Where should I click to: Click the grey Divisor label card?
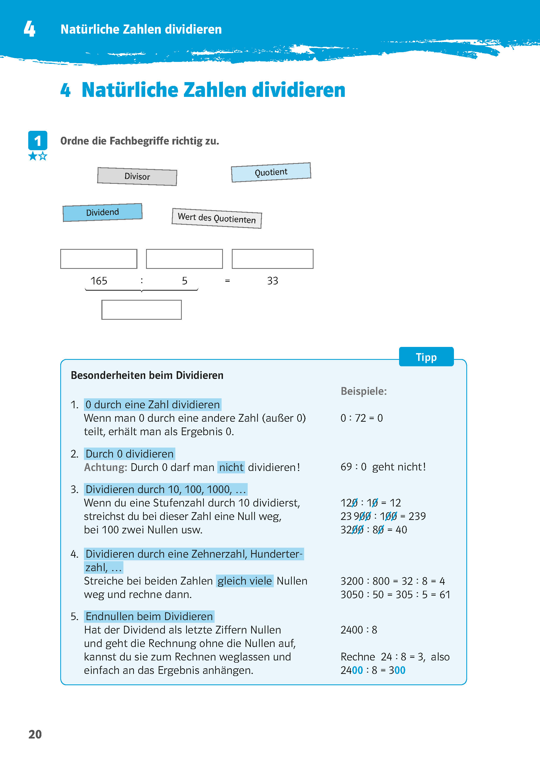click(137, 176)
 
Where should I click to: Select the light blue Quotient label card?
click(271, 172)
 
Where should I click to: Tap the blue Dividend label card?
click(102, 212)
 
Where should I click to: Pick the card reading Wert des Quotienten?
click(217, 218)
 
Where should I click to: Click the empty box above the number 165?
click(99, 259)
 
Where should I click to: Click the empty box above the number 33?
click(272, 259)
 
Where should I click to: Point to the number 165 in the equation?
click(99, 281)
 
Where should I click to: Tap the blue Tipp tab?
click(426, 357)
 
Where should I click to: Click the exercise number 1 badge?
click(38, 141)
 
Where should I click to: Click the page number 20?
click(35, 734)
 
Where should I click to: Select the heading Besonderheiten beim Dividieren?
click(147, 375)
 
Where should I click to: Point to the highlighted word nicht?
click(231, 467)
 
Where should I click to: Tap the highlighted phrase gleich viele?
click(245, 581)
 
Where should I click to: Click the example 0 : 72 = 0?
click(361, 418)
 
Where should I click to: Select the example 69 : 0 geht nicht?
click(383, 467)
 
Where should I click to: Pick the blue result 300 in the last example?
click(397, 670)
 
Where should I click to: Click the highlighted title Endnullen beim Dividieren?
click(149, 617)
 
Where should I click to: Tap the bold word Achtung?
click(105, 467)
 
